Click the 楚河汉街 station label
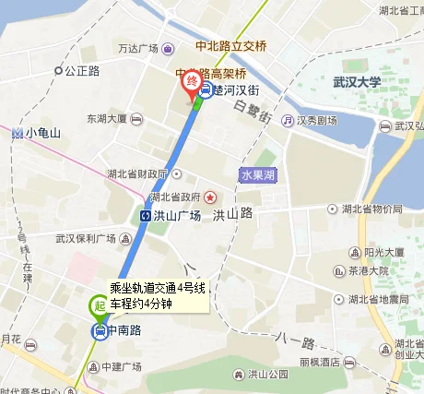point(237,90)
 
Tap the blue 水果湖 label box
point(257,175)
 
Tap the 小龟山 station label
point(42,132)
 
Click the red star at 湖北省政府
point(210,196)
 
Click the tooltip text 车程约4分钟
point(142,303)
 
